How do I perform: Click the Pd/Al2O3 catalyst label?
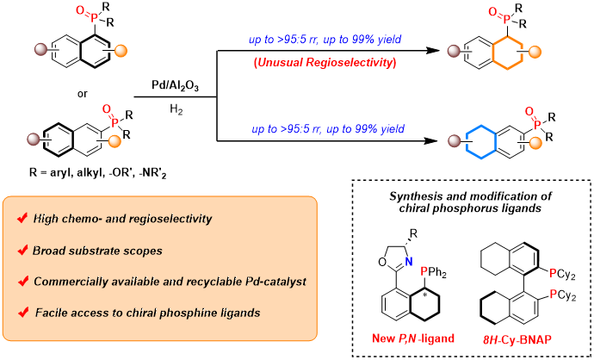point(175,86)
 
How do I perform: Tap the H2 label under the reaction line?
point(176,111)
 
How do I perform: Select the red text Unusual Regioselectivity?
point(325,63)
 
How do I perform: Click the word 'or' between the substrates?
point(82,93)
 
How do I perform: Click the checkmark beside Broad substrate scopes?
point(22,250)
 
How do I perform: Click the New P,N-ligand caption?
point(413,338)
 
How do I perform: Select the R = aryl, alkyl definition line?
point(98,174)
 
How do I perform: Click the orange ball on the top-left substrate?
point(121,51)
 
